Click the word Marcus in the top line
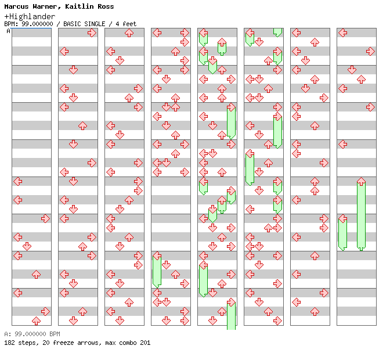[x=16, y=6]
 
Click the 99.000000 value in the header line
[x=36, y=24]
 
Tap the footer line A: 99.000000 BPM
[x=32, y=334]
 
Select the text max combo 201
[x=128, y=343]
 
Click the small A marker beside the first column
[x=9, y=31]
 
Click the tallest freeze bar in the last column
[x=361, y=214]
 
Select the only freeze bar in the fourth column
[x=157, y=269]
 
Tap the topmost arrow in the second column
[x=92, y=33]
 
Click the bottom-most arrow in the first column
[x=36, y=321]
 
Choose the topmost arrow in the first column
[x=17, y=182]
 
